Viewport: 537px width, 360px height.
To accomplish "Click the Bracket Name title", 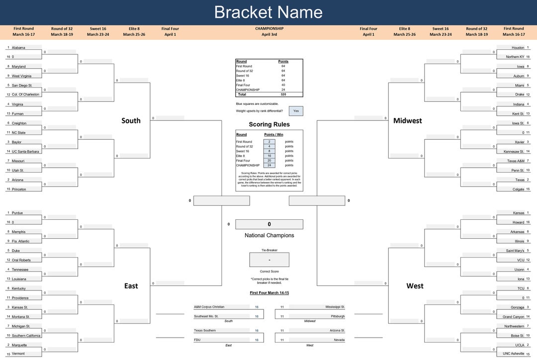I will [x=268, y=12].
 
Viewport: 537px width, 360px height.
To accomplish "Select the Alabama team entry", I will [x=18, y=48].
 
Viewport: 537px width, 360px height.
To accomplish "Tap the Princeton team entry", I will [x=19, y=189].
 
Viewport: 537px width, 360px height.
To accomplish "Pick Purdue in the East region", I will [x=17, y=213].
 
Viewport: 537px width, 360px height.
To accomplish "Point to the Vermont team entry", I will [x=18, y=354].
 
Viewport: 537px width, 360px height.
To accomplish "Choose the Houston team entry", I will [x=518, y=48].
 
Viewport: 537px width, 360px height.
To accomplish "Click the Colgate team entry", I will [x=518, y=189].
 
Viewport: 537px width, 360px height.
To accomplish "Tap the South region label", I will [x=131, y=121].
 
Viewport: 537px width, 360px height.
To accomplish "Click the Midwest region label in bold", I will [x=407, y=121].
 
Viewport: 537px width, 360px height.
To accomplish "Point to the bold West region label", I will [x=415, y=286].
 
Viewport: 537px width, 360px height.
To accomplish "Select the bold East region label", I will [x=131, y=286].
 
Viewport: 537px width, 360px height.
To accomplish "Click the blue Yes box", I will [x=296, y=111].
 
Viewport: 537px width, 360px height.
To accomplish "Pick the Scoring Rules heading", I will [x=269, y=124].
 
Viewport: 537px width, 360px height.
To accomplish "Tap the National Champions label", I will [x=269, y=236].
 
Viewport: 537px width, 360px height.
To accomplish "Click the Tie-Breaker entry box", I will [x=269, y=260].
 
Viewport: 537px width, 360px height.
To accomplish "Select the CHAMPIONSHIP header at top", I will [x=269, y=29].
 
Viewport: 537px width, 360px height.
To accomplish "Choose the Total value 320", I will [x=283, y=94].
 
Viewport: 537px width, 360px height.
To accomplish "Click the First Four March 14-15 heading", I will [x=269, y=293].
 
